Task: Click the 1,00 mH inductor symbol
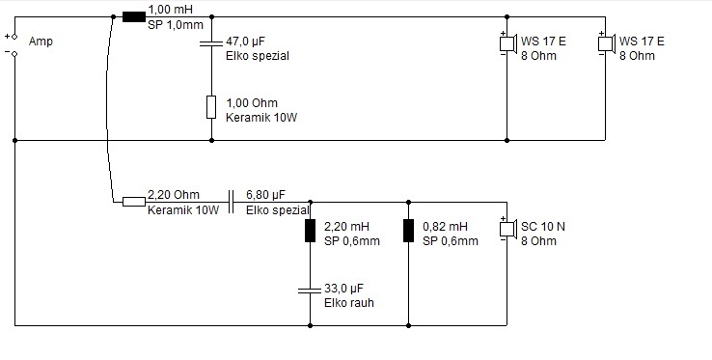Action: tap(134, 16)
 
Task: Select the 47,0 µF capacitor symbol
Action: tap(211, 43)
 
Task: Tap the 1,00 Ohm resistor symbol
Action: tap(211, 107)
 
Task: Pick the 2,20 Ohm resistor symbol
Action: tap(134, 202)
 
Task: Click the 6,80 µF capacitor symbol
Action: tap(231, 202)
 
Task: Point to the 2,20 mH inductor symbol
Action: tap(310, 231)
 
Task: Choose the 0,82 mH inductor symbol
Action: tap(408, 231)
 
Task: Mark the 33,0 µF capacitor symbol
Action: tap(310, 290)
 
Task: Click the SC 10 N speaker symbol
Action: tap(508, 228)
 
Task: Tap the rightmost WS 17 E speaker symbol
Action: tap(607, 43)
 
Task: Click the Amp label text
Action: tap(41, 42)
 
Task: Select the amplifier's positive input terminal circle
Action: tap(14, 37)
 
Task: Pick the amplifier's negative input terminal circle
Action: tap(14, 54)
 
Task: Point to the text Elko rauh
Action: tap(348, 303)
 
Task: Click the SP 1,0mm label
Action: tap(176, 24)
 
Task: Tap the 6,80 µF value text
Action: tap(265, 195)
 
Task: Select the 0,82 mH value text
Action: tap(445, 227)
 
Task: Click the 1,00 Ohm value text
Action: tap(252, 102)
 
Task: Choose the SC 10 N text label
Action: tap(542, 227)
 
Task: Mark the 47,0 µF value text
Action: tap(246, 42)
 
